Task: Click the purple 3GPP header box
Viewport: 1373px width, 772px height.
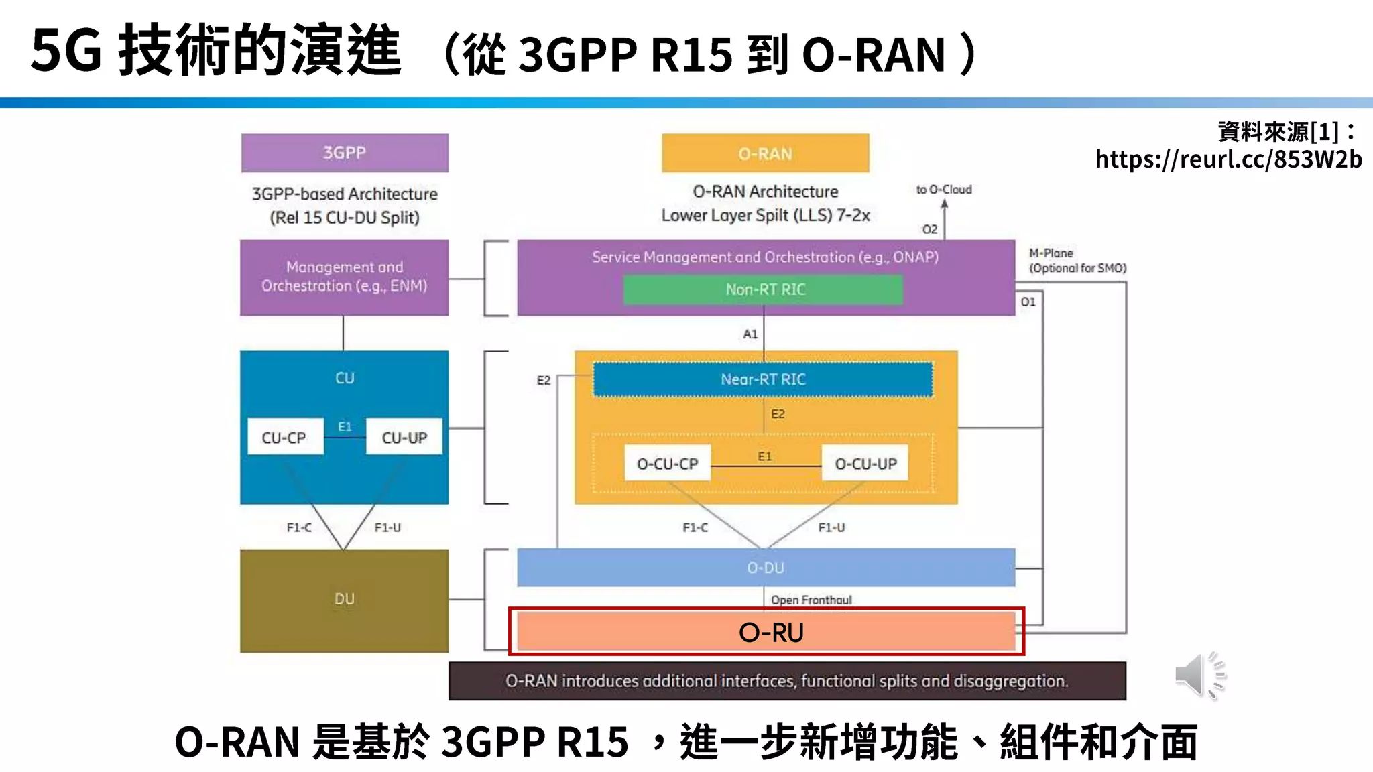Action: tap(345, 153)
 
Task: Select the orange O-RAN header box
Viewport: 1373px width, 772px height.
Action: tap(765, 153)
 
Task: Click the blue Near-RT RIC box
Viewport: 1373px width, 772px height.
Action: tap(763, 379)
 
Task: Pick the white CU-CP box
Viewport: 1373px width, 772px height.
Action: tap(284, 437)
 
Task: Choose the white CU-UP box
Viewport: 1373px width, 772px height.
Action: tap(404, 437)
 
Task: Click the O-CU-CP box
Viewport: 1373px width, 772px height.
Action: tap(667, 463)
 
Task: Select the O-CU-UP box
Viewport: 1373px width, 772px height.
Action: tap(865, 463)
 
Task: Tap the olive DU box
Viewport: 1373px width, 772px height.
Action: tap(344, 600)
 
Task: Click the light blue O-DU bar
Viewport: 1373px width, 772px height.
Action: tap(765, 568)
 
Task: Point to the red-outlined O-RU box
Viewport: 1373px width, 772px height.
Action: tap(766, 632)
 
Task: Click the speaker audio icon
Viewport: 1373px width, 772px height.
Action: tap(1199, 675)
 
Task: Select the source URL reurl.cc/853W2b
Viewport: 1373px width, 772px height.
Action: tap(1228, 159)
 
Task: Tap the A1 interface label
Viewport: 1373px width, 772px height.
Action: tap(750, 334)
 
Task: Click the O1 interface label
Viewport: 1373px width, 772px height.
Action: tap(1028, 302)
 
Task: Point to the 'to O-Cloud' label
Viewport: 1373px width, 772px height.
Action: tap(943, 190)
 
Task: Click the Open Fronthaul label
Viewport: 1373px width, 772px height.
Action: tap(811, 600)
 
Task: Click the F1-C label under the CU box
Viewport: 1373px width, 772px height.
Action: tap(299, 527)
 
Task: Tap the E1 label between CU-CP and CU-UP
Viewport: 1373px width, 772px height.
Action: tap(345, 426)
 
